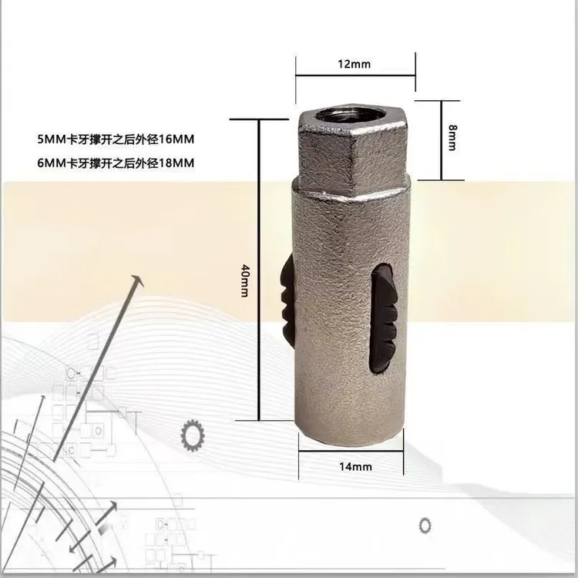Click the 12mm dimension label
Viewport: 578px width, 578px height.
(x=354, y=64)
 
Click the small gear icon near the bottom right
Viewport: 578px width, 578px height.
(x=425, y=525)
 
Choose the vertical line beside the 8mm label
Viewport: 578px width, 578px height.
(x=441, y=139)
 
